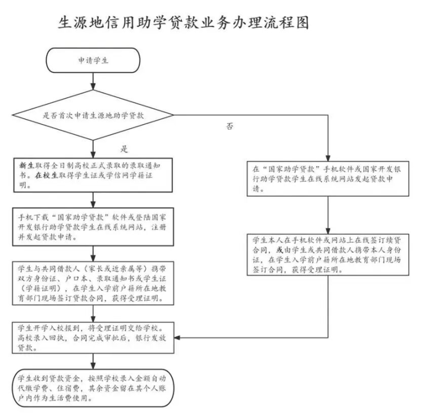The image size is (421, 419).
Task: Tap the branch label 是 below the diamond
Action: [124, 149]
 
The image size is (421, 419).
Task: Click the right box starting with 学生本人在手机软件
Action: [328, 254]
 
